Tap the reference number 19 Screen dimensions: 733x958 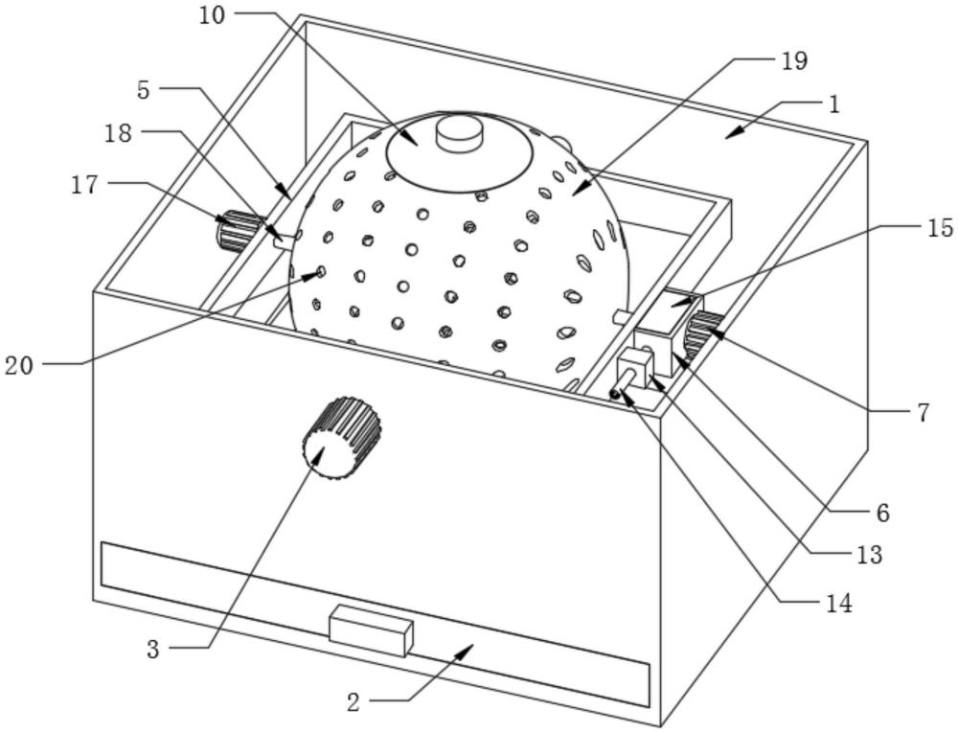[x=794, y=61]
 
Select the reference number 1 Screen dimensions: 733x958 [x=834, y=103]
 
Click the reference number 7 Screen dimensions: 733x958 [x=923, y=412]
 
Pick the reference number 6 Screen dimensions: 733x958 [x=881, y=513]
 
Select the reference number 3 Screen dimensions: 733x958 [x=153, y=649]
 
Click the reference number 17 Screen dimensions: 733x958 [x=84, y=184]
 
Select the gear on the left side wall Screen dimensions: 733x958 [x=238, y=231]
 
